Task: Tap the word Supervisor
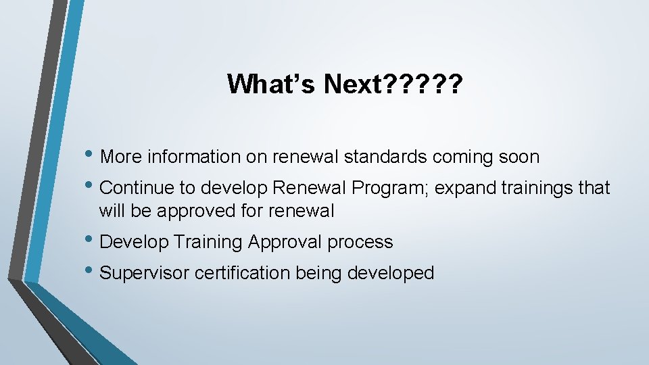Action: click(145, 273)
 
